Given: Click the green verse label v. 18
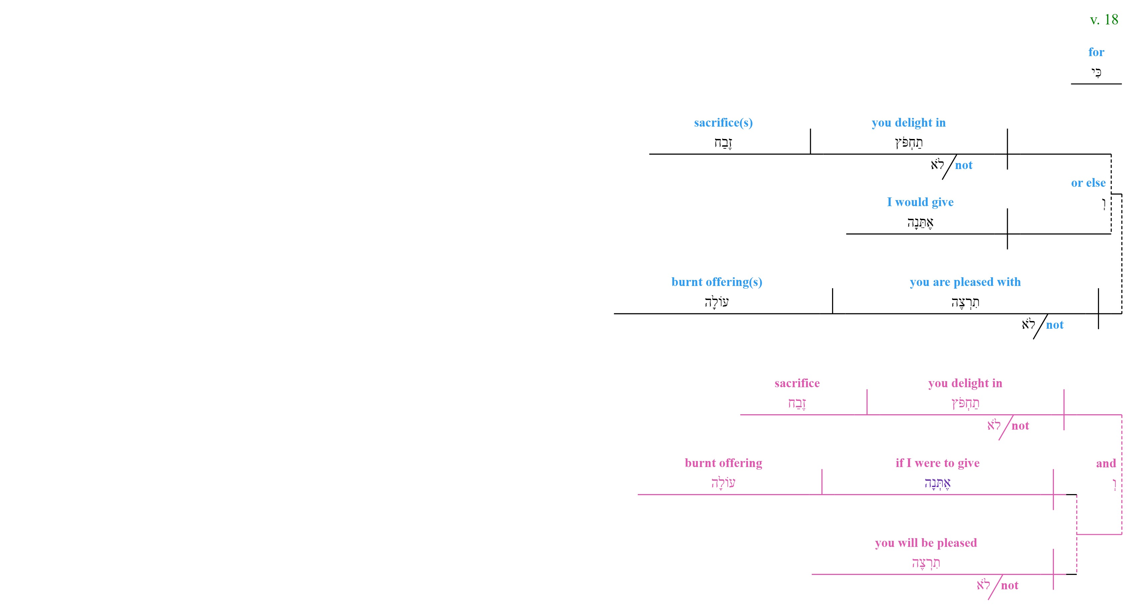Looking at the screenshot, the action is (1104, 20).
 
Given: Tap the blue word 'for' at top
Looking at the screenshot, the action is (1096, 52).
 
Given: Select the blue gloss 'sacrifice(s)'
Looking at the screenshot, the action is (724, 123).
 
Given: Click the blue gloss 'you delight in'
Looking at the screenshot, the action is (909, 123).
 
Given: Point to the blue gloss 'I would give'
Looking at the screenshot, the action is (920, 202).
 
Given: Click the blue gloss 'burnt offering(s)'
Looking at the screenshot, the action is (717, 282).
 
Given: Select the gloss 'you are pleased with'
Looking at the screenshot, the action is (965, 282).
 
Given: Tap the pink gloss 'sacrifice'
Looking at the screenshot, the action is (797, 383).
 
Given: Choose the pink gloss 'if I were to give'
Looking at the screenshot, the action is (938, 463).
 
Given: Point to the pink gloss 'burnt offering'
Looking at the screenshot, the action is (724, 463).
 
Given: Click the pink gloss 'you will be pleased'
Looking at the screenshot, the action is (926, 543).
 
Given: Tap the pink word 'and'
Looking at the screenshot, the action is (1106, 463).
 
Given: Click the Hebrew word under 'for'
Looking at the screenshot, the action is (1096, 72).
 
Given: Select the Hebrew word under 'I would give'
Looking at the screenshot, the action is (920, 222).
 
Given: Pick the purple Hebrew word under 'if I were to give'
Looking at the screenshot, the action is (938, 483).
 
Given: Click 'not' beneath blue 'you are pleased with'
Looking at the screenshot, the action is (1055, 325).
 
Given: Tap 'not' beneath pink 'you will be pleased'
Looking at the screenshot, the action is (1009, 586).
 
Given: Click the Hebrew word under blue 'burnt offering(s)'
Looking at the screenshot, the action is (717, 302).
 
